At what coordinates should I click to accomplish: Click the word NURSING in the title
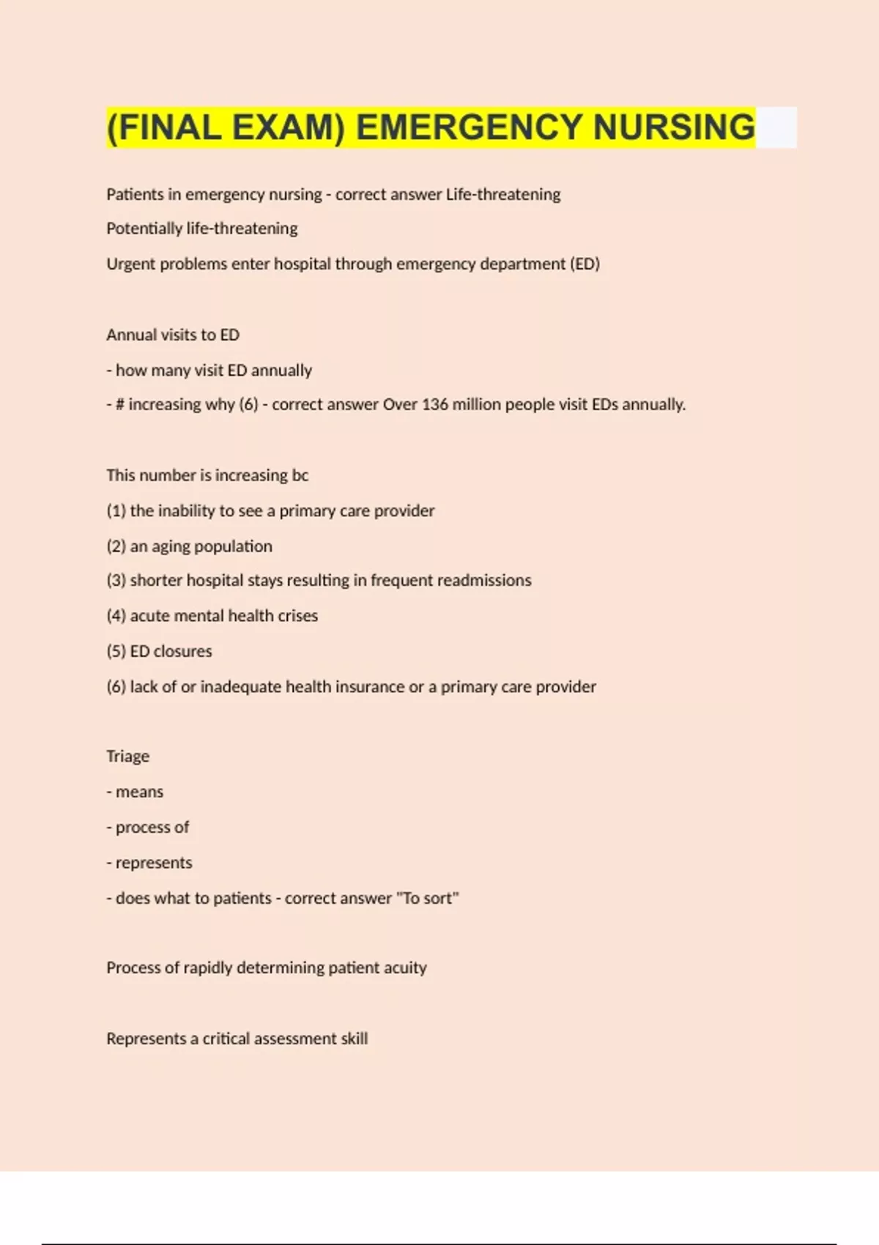pyautogui.click(x=673, y=127)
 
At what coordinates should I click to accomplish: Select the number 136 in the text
pyautogui.click(x=434, y=404)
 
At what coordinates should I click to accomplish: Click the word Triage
pyautogui.click(x=127, y=757)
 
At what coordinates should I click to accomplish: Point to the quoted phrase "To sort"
pyautogui.click(x=427, y=898)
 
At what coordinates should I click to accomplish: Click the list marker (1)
pyautogui.click(x=116, y=510)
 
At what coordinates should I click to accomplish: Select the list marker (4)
pyautogui.click(x=116, y=616)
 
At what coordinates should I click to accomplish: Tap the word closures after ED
pyautogui.click(x=182, y=651)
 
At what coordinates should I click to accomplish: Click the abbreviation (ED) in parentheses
pyautogui.click(x=585, y=264)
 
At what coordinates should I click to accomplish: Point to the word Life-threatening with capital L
pyautogui.click(x=503, y=194)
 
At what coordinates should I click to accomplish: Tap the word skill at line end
pyautogui.click(x=354, y=1038)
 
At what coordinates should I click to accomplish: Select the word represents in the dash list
pyautogui.click(x=154, y=863)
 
